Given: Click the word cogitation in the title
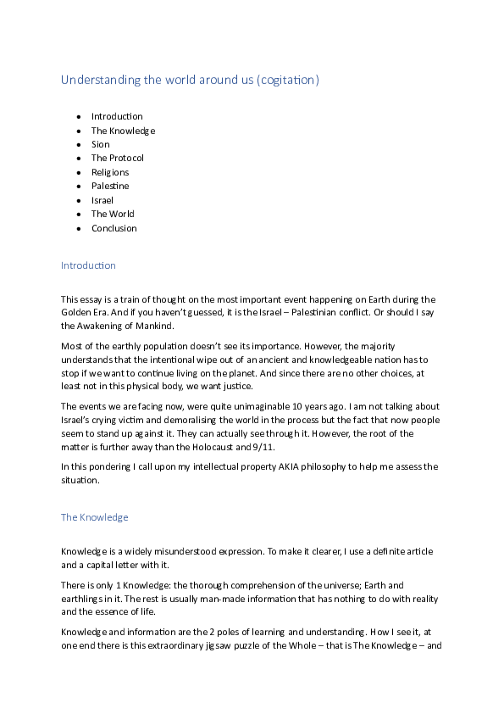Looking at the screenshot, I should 290,81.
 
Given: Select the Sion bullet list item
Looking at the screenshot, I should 101,144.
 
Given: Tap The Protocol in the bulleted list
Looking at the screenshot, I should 118,158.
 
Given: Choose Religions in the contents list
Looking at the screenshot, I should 110,172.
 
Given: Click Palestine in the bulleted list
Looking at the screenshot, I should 110,186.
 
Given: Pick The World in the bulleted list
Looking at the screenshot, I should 113,214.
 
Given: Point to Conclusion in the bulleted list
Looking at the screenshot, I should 114,228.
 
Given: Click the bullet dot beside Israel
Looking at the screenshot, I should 79,200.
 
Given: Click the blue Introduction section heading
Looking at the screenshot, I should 88,265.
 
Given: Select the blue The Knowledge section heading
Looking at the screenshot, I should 94,516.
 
